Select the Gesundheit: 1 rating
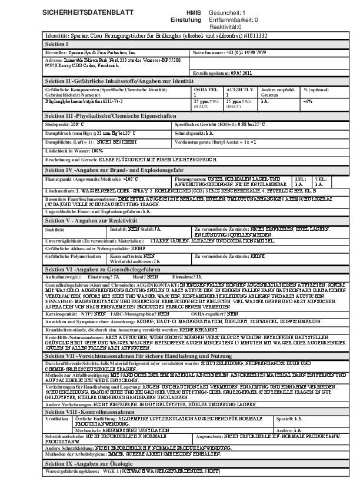228,12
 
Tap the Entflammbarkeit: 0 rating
234,19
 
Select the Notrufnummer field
229,52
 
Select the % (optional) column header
316,89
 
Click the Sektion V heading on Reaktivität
99,220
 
